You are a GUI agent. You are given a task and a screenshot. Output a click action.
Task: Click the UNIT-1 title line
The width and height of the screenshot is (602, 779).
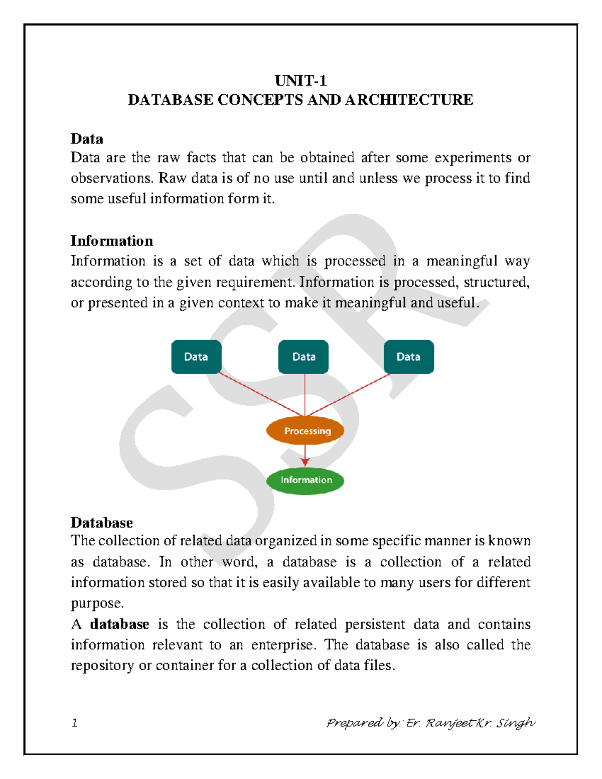(x=300, y=81)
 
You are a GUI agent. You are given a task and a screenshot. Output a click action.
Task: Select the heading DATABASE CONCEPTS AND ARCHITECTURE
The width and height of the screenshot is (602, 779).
(x=300, y=100)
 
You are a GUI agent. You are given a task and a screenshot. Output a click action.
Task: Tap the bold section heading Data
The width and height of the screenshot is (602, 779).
(x=87, y=139)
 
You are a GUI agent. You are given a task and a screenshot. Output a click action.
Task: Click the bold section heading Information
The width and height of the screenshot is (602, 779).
(x=111, y=241)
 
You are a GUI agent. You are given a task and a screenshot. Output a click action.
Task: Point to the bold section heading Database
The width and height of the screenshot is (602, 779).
(x=101, y=523)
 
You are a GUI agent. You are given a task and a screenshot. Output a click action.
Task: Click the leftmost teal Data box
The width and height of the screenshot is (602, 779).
(x=196, y=357)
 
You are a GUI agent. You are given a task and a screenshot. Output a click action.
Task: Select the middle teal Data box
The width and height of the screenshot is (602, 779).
(x=304, y=357)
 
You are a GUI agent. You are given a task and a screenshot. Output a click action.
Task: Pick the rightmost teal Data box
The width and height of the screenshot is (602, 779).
(x=408, y=357)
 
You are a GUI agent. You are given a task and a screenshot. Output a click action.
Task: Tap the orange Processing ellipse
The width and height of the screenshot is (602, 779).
(x=305, y=430)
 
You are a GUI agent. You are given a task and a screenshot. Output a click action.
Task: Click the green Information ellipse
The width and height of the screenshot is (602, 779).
(x=305, y=480)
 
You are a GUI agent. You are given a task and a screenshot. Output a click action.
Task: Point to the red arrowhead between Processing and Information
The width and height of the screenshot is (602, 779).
(x=305, y=462)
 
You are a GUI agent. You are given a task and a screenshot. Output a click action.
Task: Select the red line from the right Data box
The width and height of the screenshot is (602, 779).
(x=351, y=393)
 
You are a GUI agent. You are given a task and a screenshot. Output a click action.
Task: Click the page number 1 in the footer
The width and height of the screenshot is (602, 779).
(x=75, y=723)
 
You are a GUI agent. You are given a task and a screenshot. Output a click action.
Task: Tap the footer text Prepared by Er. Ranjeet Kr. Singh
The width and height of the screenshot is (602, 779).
(x=430, y=723)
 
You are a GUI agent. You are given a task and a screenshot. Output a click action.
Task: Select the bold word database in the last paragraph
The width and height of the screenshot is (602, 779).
(x=119, y=624)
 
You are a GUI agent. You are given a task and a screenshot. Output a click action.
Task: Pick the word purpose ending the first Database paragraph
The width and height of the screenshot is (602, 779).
(x=96, y=603)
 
